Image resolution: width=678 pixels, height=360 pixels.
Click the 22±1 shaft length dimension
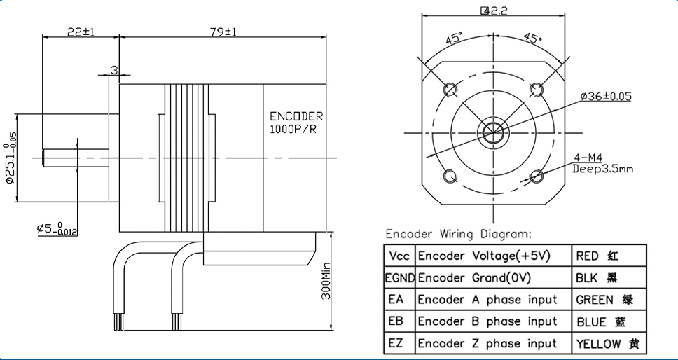coord(81,32)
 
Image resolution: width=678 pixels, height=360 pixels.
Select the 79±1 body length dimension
coord(223,32)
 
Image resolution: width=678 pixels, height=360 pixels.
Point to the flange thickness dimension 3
coord(113,70)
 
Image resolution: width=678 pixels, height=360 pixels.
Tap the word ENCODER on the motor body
coord(296,116)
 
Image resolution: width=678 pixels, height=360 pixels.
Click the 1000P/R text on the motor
coord(293,130)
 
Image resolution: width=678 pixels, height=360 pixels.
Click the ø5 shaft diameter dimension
coord(56,229)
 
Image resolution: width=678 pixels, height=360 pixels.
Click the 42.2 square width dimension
coord(494,11)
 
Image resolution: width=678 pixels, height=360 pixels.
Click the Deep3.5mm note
coord(602,168)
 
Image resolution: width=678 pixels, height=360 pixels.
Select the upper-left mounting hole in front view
coord(450,90)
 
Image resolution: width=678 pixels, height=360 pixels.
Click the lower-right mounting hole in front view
coord(537,176)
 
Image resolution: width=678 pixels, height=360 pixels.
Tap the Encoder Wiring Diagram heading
coord(459,233)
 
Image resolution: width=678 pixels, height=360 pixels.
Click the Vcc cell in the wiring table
coord(399,256)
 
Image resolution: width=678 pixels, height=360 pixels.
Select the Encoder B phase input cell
coord(487,321)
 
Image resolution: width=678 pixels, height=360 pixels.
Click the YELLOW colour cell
coord(607,344)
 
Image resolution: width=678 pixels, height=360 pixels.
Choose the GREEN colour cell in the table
coord(604,300)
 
